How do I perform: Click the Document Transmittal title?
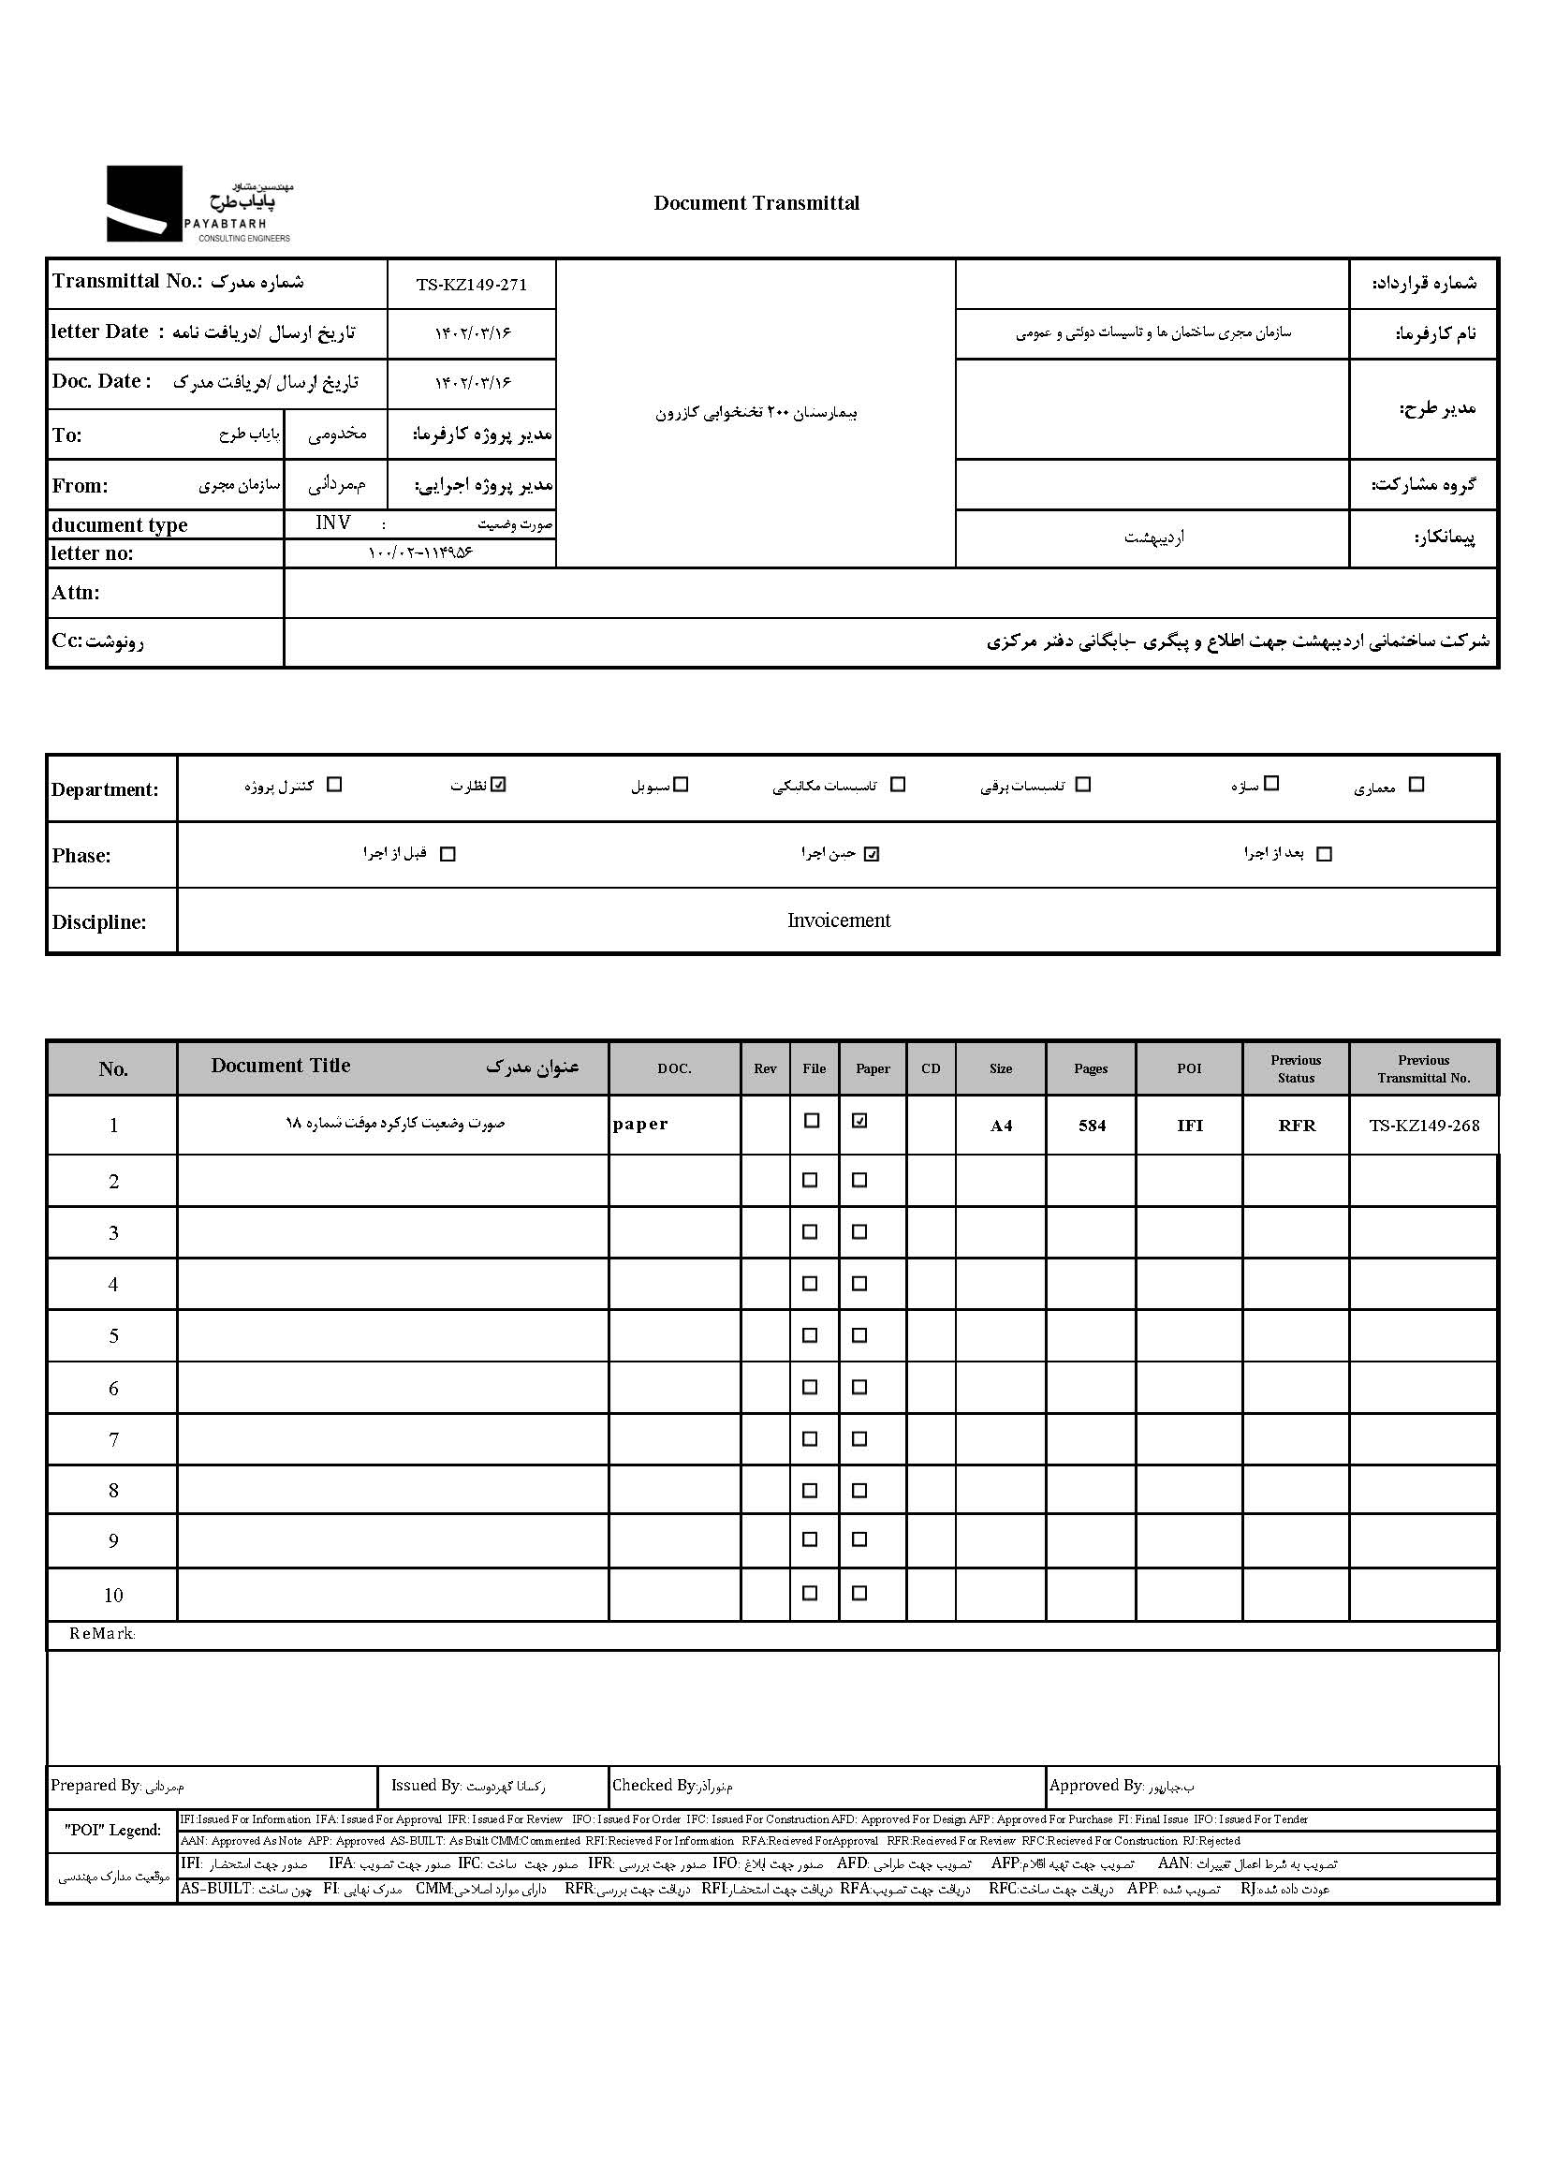point(756,203)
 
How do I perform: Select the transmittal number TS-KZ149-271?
point(471,285)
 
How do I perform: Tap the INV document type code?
point(333,523)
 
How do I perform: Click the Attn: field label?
point(76,593)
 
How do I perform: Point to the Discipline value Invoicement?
point(839,920)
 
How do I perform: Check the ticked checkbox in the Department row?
point(500,785)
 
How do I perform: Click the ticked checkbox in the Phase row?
point(872,854)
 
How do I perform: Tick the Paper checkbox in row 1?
point(859,1121)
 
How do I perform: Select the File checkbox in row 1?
point(812,1121)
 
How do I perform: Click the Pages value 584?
point(1092,1126)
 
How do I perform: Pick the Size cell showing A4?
point(1001,1126)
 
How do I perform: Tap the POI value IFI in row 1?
point(1189,1126)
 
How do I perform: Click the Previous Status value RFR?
point(1297,1126)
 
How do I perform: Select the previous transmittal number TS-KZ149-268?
point(1423,1126)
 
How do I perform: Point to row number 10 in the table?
point(113,1596)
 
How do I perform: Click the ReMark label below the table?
point(101,1634)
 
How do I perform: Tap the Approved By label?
point(1096,1785)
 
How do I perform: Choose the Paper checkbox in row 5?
point(859,1335)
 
